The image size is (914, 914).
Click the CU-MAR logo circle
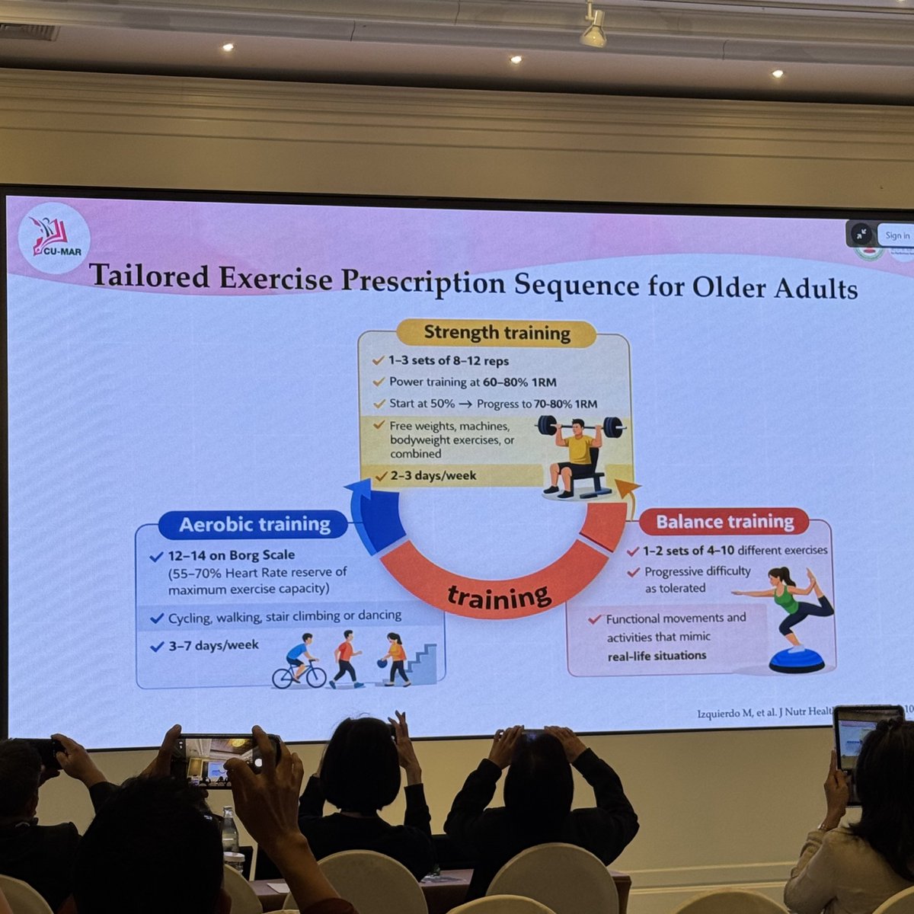coord(53,238)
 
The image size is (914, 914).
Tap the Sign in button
coord(896,235)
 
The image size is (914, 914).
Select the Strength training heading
coord(497,333)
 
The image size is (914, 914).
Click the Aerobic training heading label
coord(254,525)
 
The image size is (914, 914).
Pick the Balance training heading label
coord(724,522)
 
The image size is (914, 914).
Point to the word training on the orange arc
coord(499,595)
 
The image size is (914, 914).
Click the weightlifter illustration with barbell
coord(580,456)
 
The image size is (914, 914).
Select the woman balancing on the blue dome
coord(792,617)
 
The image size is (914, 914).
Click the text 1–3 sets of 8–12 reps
coord(448,361)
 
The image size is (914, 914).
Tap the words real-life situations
coord(657,656)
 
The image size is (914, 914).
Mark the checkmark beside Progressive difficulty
coord(633,572)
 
